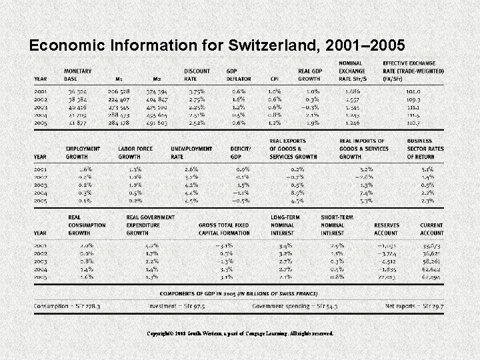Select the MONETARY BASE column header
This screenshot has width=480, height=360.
click(79, 74)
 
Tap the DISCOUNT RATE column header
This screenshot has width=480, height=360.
click(198, 74)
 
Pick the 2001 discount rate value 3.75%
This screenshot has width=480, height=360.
click(196, 90)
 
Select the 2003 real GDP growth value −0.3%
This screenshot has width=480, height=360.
click(309, 107)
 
